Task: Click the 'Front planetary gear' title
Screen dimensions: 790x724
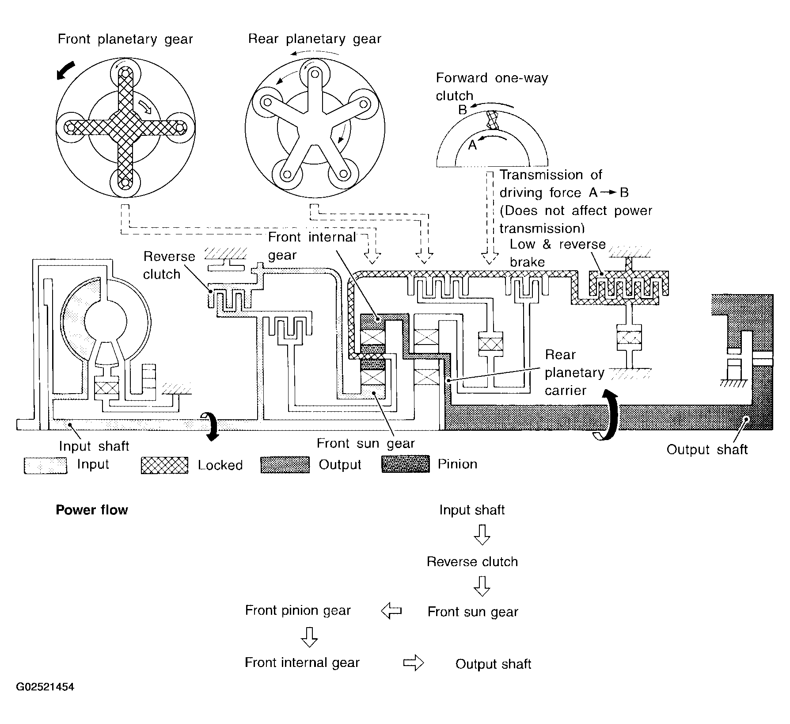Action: (x=125, y=40)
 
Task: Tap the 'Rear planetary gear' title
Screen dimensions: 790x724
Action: (x=315, y=39)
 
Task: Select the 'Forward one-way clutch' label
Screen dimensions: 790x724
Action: (x=492, y=87)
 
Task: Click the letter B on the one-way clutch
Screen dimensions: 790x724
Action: (x=463, y=109)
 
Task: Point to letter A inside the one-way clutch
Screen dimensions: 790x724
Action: (x=472, y=145)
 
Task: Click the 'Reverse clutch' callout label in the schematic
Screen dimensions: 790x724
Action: (x=169, y=265)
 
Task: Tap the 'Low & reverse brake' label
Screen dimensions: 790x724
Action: (x=558, y=253)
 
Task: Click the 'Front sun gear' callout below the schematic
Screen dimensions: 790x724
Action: (x=366, y=443)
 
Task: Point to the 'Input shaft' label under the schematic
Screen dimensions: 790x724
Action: (x=94, y=446)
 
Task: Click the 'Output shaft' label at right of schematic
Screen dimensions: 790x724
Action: (x=707, y=449)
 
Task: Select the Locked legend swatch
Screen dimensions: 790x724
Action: (x=164, y=465)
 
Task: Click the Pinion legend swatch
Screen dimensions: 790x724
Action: (x=406, y=464)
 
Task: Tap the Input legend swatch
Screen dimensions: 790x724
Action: (x=46, y=465)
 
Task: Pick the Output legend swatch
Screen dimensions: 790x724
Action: (x=285, y=465)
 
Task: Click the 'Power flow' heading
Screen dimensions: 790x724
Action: (x=92, y=510)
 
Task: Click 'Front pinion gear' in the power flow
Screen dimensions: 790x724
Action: (x=298, y=611)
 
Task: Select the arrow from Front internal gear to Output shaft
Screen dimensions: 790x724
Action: (x=414, y=663)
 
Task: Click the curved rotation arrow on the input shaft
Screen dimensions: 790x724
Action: (x=211, y=425)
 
